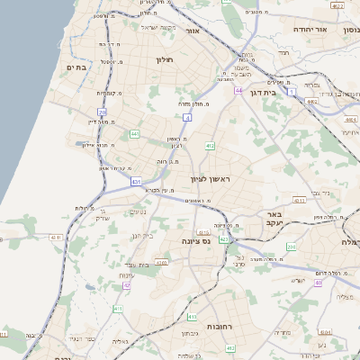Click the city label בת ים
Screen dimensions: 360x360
coord(76,67)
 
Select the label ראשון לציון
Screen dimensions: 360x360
coord(211,180)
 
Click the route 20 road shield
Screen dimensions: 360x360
coord(103,113)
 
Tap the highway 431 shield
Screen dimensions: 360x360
coord(136,182)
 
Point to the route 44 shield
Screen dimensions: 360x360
coord(238,91)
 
